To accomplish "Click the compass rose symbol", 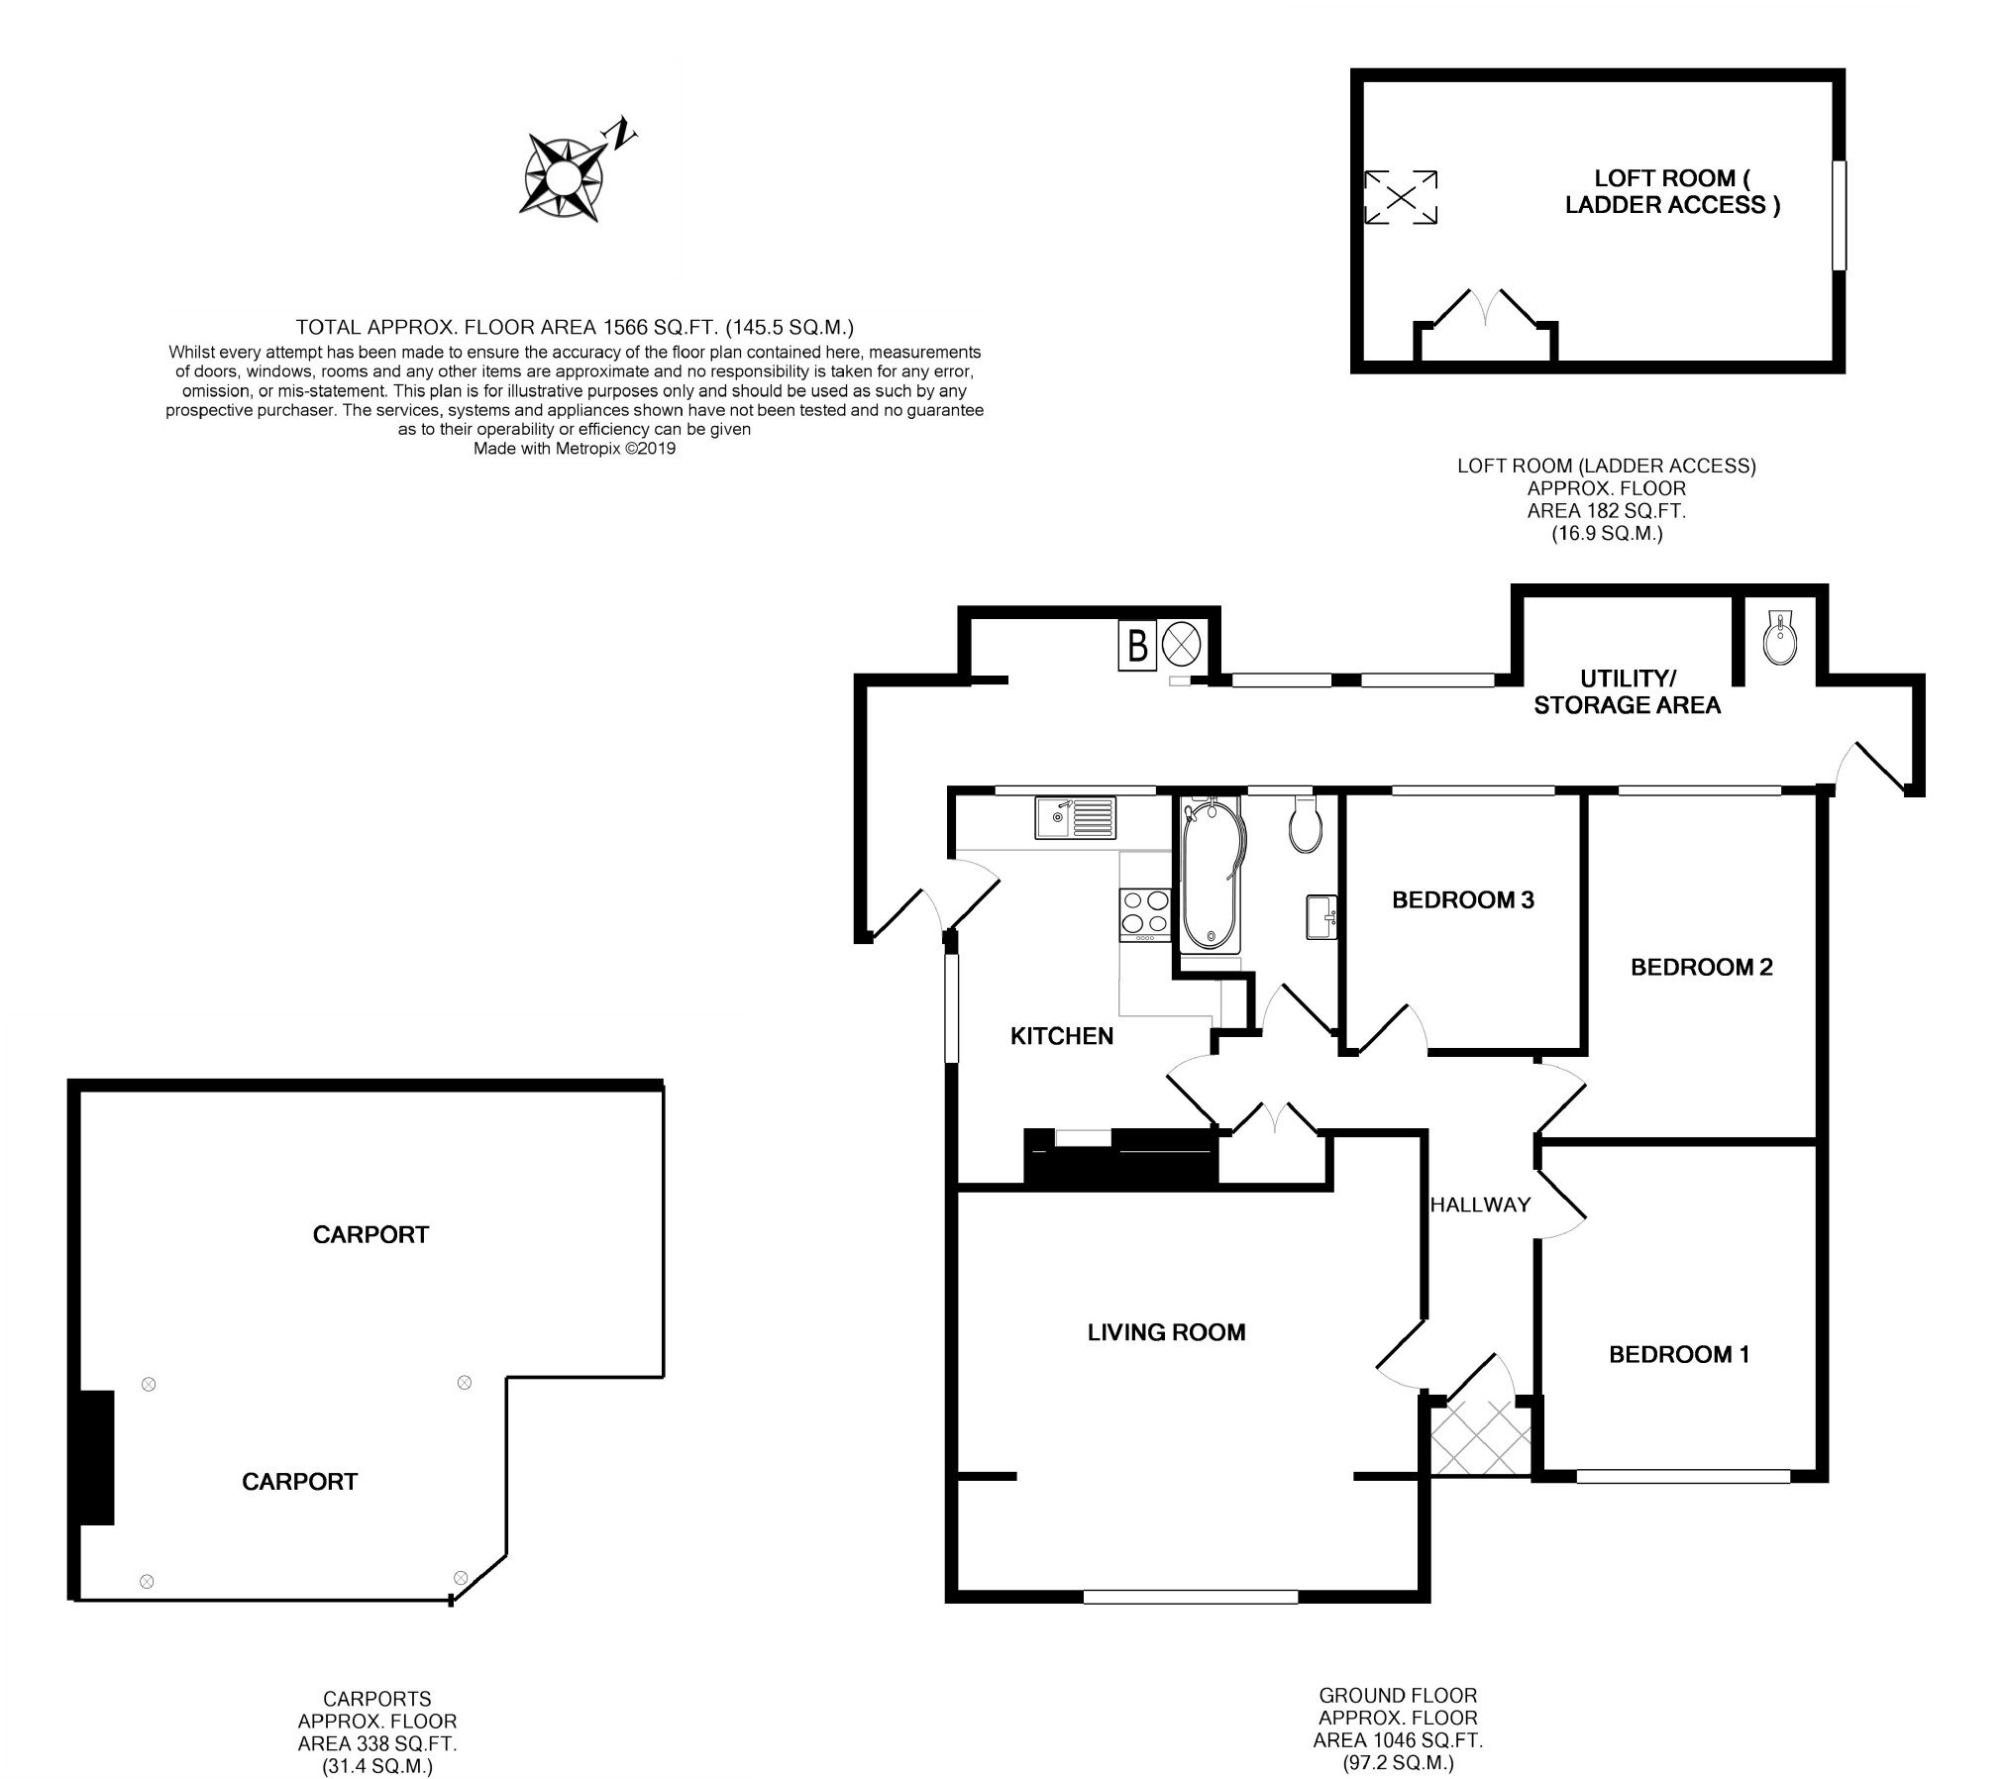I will tap(564, 178).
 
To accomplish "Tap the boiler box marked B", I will tap(1137, 647).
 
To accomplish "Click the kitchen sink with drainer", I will tap(1076, 817).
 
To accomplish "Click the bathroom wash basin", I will tap(1321, 916).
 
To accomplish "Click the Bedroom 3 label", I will tap(1462, 899).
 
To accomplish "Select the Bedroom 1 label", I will tap(1678, 1354).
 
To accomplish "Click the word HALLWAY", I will tap(1480, 1204).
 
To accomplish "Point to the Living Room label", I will tap(1166, 1332).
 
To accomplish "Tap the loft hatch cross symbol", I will tap(1401, 197).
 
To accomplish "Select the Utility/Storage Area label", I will tap(1627, 691).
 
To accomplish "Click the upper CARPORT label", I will tap(370, 1234).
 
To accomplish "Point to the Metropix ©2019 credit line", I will tap(575, 449).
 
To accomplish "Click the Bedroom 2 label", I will tap(1701, 967).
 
